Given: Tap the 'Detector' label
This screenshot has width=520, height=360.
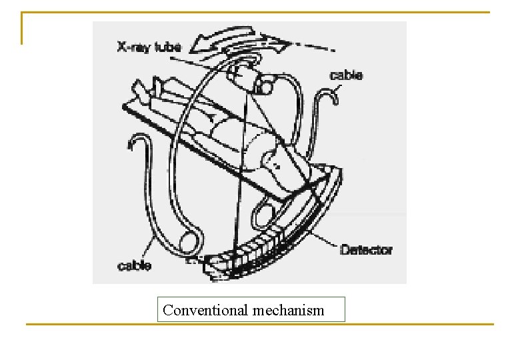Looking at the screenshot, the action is [x=366, y=251].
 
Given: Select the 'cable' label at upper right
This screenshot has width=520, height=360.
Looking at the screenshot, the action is [x=347, y=75].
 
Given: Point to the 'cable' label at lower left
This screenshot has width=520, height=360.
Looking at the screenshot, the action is [x=134, y=266].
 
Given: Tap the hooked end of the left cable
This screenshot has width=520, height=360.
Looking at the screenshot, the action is [x=139, y=140].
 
